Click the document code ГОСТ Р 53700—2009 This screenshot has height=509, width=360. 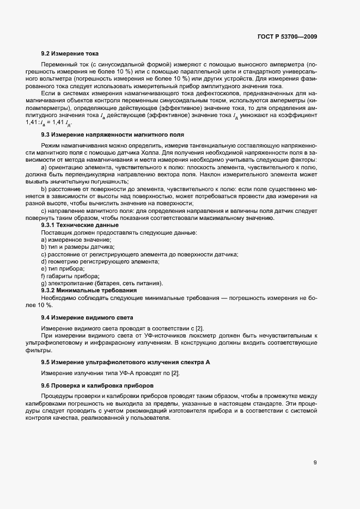point(286,36)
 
